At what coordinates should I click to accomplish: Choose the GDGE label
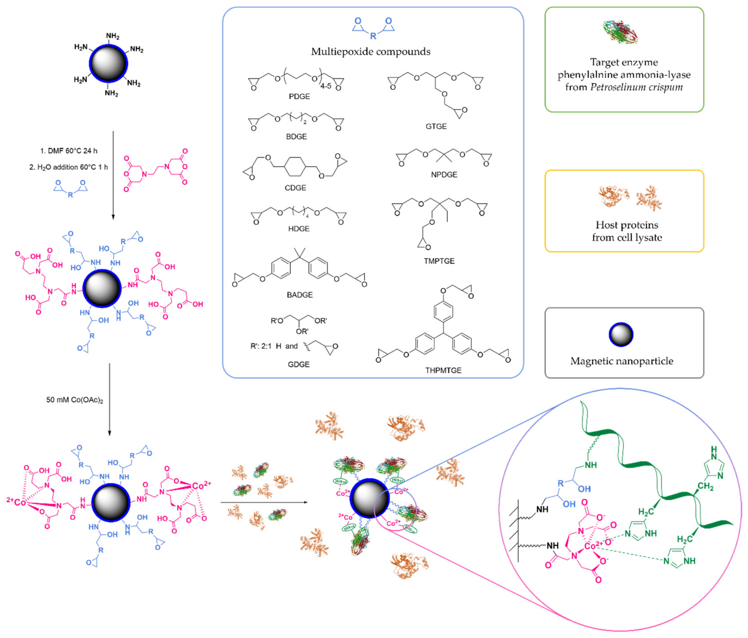(x=298, y=365)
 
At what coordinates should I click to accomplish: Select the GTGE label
(x=436, y=127)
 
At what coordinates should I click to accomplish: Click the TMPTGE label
(x=439, y=261)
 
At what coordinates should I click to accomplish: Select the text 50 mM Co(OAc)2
(x=74, y=400)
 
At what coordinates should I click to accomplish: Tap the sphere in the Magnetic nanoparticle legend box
(x=621, y=335)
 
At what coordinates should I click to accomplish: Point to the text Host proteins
(x=627, y=225)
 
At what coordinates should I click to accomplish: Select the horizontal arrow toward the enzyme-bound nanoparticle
(x=264, y=502)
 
